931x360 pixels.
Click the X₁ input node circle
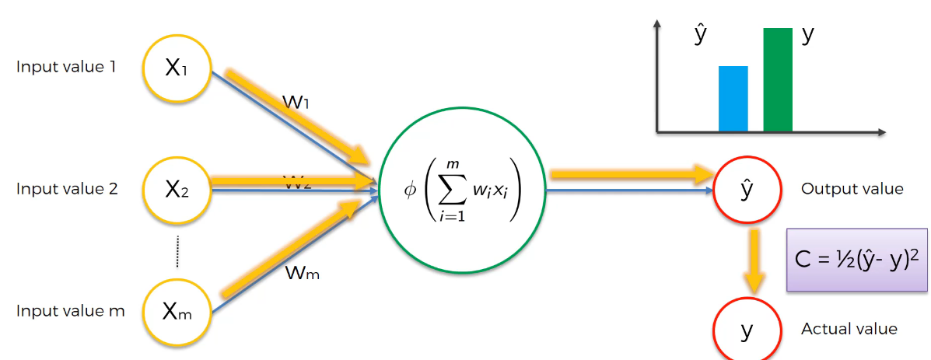coord(177,68)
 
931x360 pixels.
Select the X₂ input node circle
coord(177,189)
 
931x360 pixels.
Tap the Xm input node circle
coord(177,311)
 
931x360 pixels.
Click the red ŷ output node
coord(747,189)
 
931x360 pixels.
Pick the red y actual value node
coord(747,330)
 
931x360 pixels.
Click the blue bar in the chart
coord(733,99)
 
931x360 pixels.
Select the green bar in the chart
coord(778,79)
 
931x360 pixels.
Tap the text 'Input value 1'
coord(66,67)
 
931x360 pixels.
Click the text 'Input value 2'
coord(67,189)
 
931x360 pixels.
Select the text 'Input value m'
coord(70,312)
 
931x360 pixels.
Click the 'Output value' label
coord(852,189)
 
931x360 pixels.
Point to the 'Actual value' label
coord(849,329)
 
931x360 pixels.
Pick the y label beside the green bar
coord(807,35)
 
